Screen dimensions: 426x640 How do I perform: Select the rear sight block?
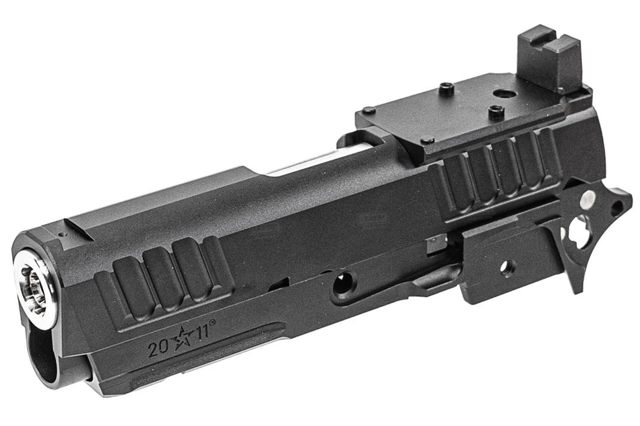(549, 60)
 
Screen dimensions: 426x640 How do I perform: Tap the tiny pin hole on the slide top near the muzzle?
(61, 235)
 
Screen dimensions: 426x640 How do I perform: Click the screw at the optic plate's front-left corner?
(368, 110)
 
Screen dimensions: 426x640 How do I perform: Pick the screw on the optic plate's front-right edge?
(427, 141)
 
